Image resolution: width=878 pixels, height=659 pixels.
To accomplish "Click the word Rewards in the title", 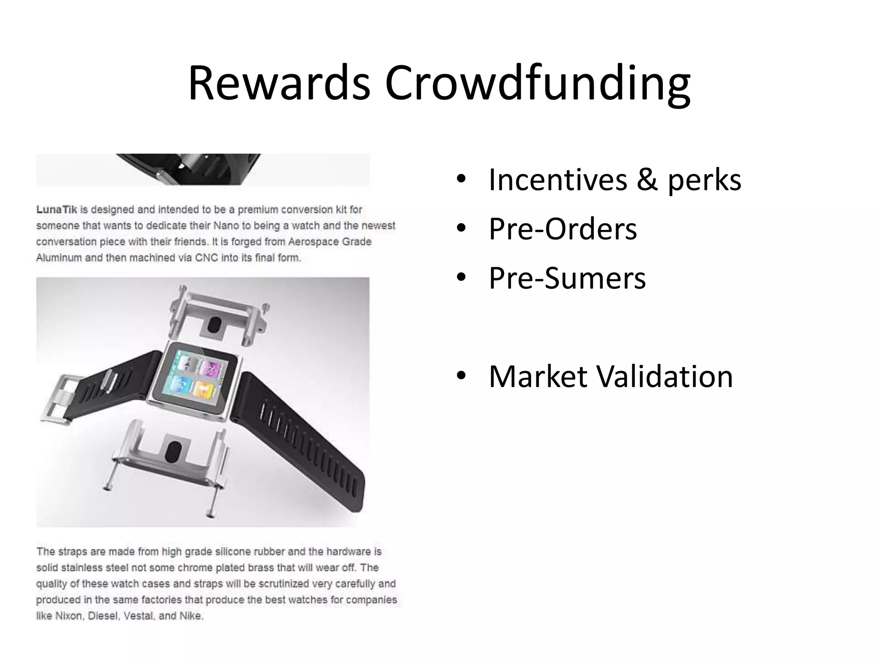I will [x=279, y=83].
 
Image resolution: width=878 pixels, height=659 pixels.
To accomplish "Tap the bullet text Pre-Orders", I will [x=562, y=229].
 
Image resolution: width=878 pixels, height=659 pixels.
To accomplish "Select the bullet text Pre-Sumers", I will [x=567, y=278].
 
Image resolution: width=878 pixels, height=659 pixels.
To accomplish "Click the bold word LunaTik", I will [x=56, y=210].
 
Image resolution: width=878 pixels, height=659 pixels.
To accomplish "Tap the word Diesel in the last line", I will [x=103, y=616].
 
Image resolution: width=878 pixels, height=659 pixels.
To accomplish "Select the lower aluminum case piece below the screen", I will [x=171, y=455].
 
